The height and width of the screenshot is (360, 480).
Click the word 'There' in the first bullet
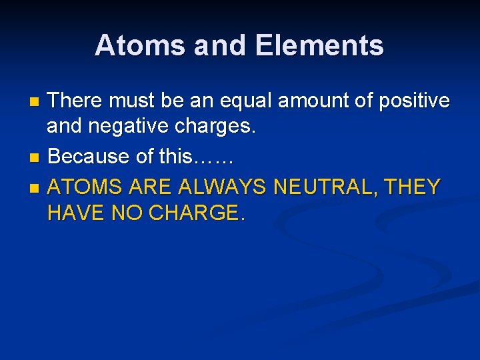[x=76, y=101]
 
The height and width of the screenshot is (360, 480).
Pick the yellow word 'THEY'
[x=413, y=186]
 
